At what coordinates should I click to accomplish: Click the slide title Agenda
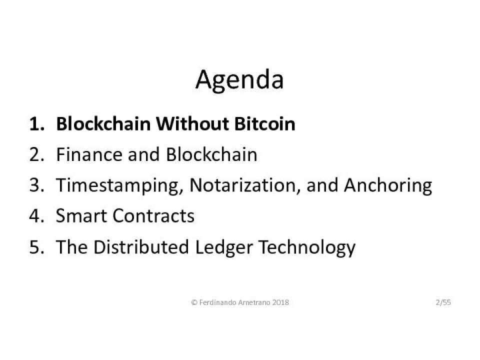[x=239, y=80]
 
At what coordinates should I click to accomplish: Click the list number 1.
[x=36, y=124]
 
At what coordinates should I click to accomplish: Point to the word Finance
[x=89, y=154]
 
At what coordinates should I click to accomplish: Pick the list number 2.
[x=36, y=154]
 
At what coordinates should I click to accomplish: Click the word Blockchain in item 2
[x=211, y=154]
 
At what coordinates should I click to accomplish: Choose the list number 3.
[x=36, y=185]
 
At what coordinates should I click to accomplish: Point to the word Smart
[x=81, y=215]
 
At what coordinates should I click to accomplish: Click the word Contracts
[x=153, y=215]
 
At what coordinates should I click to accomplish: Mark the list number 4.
[x=36, y=216]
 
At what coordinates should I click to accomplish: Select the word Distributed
[x=141, y=246]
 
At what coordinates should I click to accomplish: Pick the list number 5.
[x=36, y=246]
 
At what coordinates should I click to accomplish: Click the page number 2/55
[x=443, y=302]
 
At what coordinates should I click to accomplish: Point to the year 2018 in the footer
[x=280, y=302]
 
